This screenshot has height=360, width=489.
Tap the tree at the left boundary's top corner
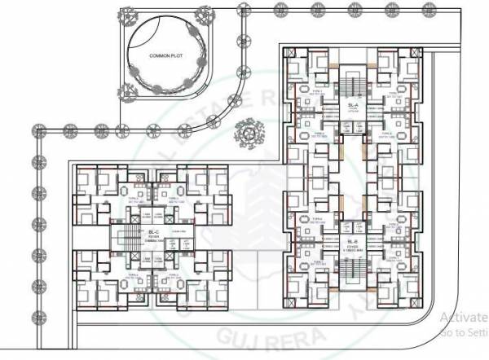pyautogui.click(x=37, y=130)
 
